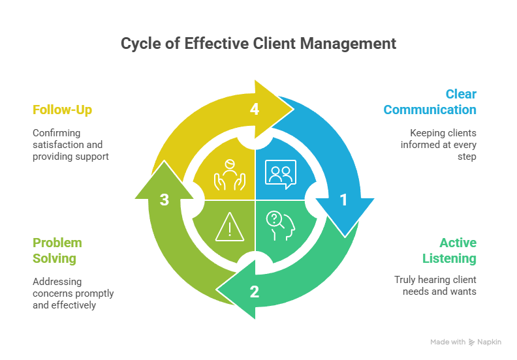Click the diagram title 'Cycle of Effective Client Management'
tap(258, 44)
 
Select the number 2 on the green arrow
tap(255, 292)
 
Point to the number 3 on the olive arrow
tap(164, 200)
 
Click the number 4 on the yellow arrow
tap(255, 110)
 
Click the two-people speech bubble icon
tap(281, 173)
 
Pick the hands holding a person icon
tap(228, 174)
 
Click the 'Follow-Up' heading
tap(62, 110)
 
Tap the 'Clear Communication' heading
tap(430, 102)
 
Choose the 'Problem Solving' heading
tap(57, 250)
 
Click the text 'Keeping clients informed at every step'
tap(438, 144)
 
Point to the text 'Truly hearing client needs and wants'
tap(435, 286)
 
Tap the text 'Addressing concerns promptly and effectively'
tap(73, 293)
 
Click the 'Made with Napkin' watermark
tap(465, 342)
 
